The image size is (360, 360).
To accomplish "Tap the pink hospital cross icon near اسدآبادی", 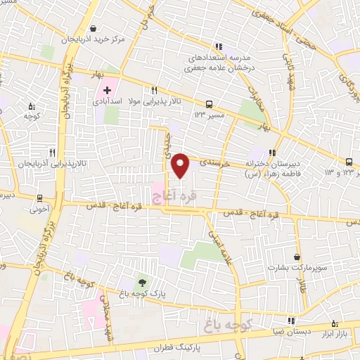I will coord(107,90).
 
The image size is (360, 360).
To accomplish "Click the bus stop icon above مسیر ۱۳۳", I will coord(209,102).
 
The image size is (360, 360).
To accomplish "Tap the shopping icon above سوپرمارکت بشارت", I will coord(298,257).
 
